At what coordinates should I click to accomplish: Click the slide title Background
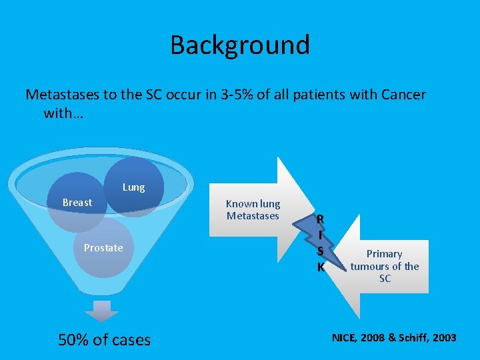point(240,45)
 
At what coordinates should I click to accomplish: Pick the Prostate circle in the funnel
point(103,248)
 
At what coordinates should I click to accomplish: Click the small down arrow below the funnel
point(101,310)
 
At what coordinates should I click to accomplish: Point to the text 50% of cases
point(105,340)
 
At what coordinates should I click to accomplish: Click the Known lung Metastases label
point(253,209)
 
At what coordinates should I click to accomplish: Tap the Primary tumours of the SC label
point(385,266)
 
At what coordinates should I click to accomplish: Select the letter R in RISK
point(321,219)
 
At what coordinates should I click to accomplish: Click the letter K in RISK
point(321,267)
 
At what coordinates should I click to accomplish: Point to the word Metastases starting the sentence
point(63,95)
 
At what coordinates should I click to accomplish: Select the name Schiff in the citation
point(417,338)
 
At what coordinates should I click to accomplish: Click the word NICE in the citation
point(345,338)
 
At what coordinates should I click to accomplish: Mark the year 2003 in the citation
point(445,338)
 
